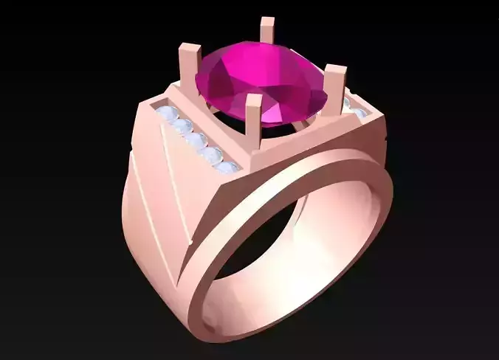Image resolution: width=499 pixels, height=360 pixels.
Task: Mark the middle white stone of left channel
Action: tap(196, 140)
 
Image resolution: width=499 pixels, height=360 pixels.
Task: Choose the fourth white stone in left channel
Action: tap(212, 154)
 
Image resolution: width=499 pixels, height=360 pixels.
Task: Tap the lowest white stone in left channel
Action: tap(227, 166)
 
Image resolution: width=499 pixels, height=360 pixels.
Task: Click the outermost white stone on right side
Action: tap(361, 114)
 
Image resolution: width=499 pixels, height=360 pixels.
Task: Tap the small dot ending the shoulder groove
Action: tap(191, 240)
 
